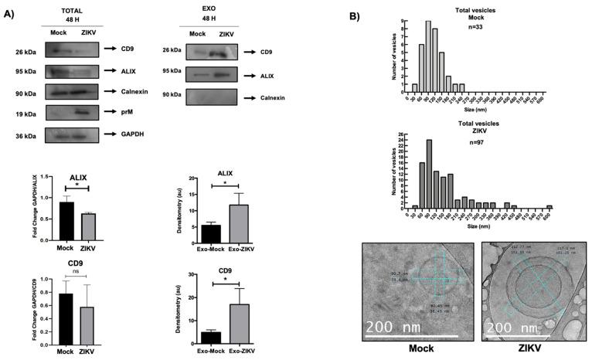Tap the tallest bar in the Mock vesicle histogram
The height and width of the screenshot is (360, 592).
pos(427,56)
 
